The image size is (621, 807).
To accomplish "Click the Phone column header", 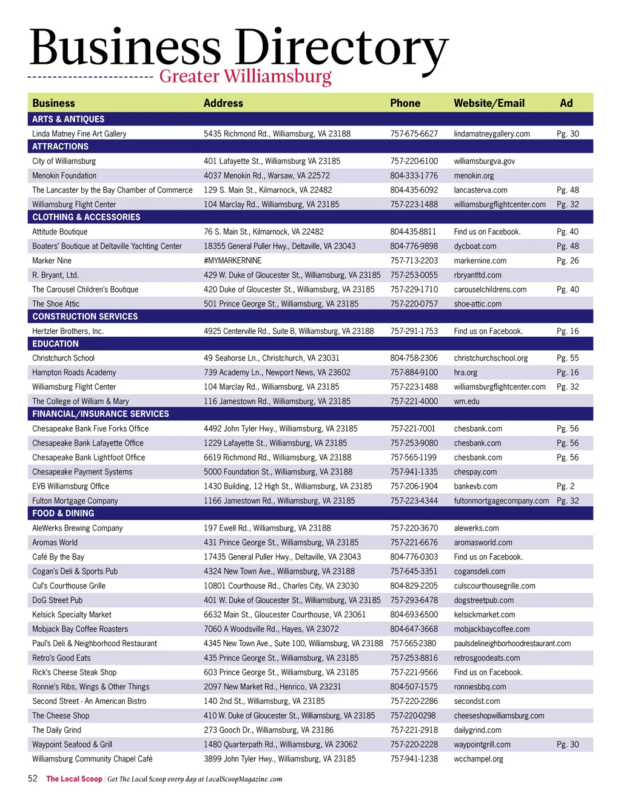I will coord(405,103).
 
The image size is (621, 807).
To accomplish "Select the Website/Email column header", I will coord(489,103).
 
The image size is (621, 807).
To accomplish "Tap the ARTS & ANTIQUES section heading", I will coord(68,119).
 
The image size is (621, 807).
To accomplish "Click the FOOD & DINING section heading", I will coord(63,513).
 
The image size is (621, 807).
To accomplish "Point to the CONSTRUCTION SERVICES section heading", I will coord(85,317).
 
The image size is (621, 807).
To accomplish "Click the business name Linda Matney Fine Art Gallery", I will coord(79,133).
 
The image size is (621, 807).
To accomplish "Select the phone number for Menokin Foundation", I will coord(414,176).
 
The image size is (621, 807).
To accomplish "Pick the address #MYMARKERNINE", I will coord(232,261).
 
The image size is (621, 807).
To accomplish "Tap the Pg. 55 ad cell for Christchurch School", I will coord(568,358).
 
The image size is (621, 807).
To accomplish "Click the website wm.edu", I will coord(466,402).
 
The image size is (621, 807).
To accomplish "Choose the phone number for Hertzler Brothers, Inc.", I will coord(414,331).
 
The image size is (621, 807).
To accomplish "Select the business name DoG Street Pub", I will coord(58,601).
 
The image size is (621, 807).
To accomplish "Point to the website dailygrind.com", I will coord(477,731).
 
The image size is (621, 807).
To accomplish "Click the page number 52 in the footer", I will coord(33,778).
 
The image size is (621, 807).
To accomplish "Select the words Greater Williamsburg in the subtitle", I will coord(245,77).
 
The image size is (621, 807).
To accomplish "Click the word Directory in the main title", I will coord(341,49).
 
